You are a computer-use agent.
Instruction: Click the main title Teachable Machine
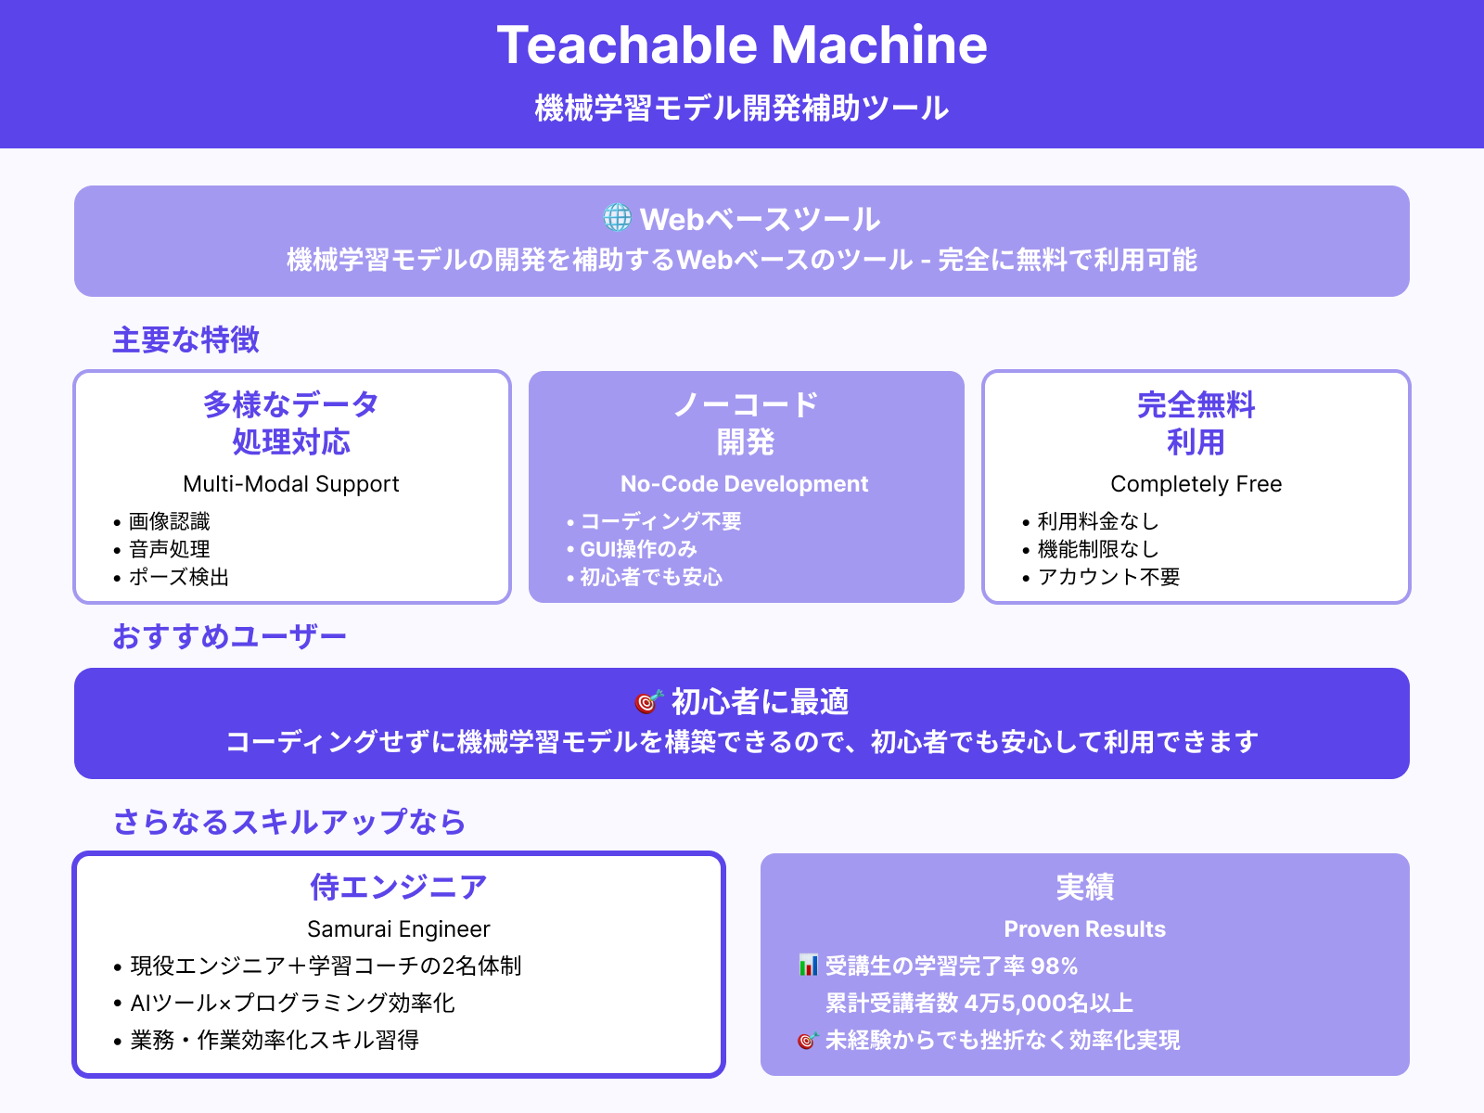point(742,45)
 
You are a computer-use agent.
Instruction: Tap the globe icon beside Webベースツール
point(617,218)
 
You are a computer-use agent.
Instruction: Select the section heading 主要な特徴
point(185,339)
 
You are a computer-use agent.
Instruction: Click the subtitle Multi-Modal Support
point(291,484)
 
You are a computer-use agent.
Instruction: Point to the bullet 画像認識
point(169,521)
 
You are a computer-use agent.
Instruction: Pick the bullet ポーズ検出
point(178,577)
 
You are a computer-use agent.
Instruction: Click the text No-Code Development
point(744,484)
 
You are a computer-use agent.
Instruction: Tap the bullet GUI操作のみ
point(638,549)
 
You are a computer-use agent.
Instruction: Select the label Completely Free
point(1196,484)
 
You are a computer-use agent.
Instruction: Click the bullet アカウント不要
point(1108,577)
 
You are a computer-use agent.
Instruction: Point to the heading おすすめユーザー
point(229,636)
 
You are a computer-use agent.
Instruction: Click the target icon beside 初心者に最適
point(648,702)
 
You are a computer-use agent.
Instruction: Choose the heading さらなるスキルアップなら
point(289,822)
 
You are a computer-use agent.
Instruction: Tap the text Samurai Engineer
point(399,929)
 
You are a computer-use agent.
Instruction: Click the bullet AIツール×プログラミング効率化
point(292,1003)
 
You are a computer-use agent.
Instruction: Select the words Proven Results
point(1085,929)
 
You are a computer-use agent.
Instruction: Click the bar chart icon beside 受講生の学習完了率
point(808,966)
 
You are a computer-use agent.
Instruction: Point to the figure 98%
point(1055,966)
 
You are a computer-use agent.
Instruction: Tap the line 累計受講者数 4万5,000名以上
point(979,1003)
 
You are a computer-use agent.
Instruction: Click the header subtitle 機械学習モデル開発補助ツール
point(742,109)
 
